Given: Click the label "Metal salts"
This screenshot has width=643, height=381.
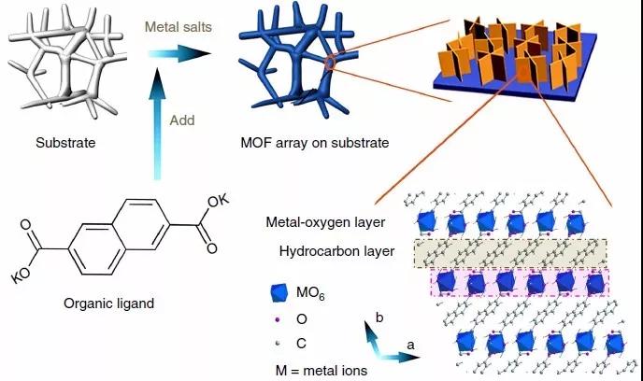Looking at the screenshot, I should [x=176, y=29].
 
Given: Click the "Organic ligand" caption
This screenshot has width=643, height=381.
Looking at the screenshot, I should [x=108, y=303].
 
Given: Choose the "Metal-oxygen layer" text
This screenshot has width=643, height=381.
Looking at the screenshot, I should [x=322, y=223].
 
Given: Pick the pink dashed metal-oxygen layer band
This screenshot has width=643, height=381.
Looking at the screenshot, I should [x=519, y=283].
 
